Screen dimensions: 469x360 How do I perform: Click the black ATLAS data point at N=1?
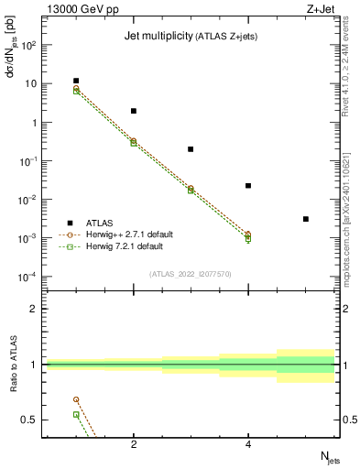[76, 81]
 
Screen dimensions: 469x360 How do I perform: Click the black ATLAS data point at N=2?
[134, 111]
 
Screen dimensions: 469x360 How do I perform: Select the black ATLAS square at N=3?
[191, 149]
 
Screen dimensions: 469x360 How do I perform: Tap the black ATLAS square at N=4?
[248, 186]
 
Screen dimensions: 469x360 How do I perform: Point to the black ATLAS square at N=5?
[305, 219]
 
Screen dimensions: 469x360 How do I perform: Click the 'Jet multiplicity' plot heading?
[192, 37]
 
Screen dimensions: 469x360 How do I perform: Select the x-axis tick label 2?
[134, 444]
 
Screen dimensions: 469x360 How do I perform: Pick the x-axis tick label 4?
[248, 444]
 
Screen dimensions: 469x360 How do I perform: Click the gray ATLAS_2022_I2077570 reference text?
[191, 274]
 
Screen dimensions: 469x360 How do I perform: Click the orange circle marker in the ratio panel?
[76, 399]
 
